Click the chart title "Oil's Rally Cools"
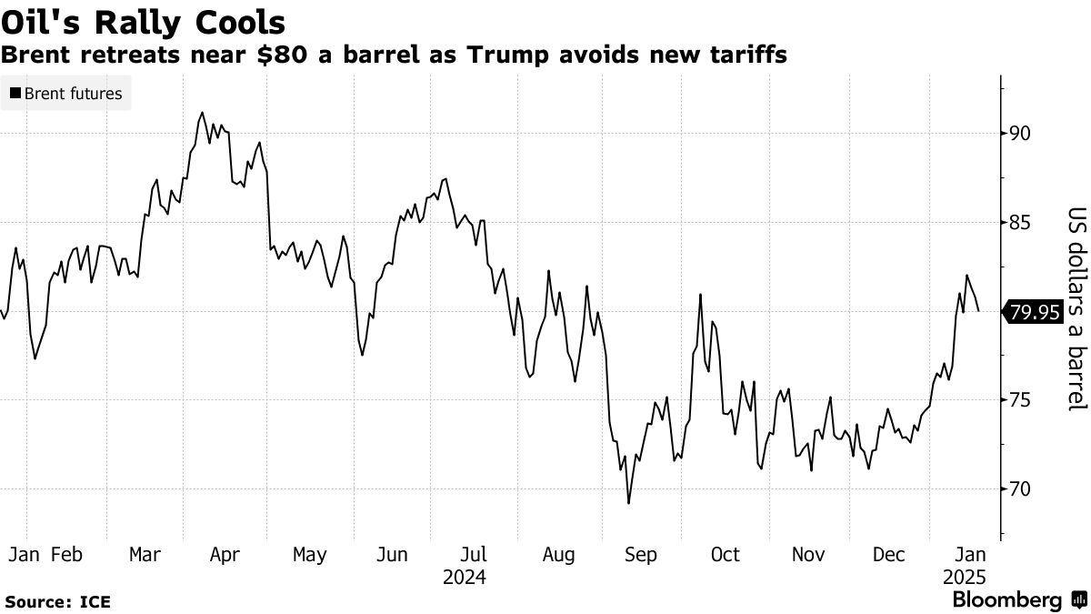point(144,22)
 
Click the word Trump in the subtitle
point(505,55)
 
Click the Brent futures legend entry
point(66,93)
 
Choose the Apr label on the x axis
point(225,555)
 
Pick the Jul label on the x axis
point(473,555)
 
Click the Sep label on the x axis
point(641,555)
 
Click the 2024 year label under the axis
point(465,578)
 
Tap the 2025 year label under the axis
point(963,578)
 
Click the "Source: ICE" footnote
point(57,602)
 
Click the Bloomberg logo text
point(1006,600)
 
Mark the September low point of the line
point(628,502)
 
